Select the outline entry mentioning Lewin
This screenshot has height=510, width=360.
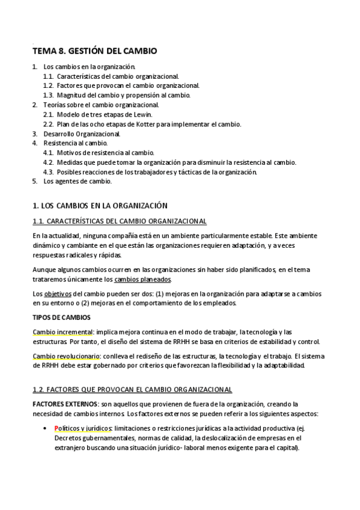click(105, 114)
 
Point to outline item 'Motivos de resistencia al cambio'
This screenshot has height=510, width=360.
click(106, 153)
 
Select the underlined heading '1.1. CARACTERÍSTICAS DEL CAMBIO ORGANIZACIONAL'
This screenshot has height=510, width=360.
click(119, 221)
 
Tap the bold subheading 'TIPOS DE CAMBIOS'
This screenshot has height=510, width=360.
click(61, 317)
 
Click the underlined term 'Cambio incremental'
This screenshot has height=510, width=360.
click(59, 331)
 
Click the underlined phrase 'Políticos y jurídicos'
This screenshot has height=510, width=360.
click(83, 429)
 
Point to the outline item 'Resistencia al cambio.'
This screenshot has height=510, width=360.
click(76, 143)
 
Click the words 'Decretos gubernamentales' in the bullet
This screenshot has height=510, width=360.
click(90, 438)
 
